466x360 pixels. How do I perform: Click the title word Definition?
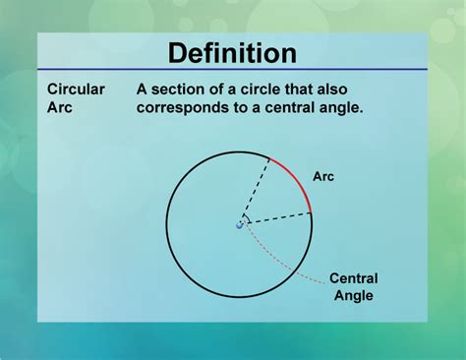click(232, 53)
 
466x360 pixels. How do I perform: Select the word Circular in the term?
click(76, 89)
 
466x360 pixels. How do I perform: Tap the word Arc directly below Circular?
click(61, 107)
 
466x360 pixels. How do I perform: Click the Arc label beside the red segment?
click(325, 177)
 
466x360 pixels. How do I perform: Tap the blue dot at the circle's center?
click(239, 225)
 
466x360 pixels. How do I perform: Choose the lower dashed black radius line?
click(276, 217)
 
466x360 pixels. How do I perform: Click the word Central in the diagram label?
click(353, 278)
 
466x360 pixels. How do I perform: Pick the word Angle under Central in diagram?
click(353, 295)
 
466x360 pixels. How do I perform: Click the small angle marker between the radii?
click(247, 218)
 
